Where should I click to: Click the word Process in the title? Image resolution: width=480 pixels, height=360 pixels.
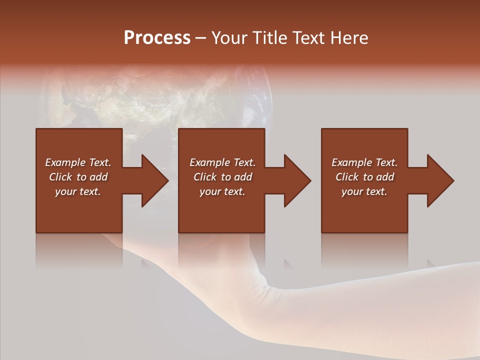[157, 38]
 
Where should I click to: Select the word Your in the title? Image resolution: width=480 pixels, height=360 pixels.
[229, 38]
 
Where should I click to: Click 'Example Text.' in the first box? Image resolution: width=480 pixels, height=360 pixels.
[78, 162]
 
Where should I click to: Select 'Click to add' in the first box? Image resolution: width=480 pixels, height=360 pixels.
[78, 177]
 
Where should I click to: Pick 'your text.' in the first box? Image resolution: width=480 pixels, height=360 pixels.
[78, 191]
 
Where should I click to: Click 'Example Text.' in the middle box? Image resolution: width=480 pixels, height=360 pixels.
[222, 162]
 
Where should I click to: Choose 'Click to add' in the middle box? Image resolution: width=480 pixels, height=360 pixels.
[222, 177]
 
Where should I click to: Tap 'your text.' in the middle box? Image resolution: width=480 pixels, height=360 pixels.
[222, 191]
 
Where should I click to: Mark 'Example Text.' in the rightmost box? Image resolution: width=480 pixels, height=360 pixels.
[364, 162]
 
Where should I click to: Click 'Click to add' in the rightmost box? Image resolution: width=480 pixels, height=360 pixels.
[364, 177]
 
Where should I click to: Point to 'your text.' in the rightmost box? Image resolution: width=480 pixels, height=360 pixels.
[364, 191]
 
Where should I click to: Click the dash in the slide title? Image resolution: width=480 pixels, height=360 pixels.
[201, 38]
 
